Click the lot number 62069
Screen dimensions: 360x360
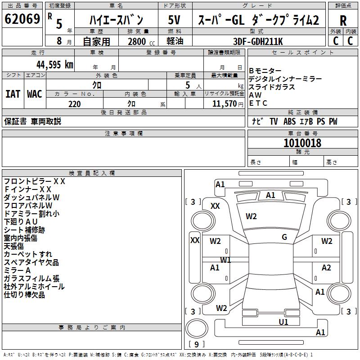[x=22, y=20]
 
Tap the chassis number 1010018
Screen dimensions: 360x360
[x=302, y=143]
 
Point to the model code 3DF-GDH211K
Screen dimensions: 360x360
[x=259, y=41]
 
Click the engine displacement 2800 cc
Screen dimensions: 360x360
[x=137, y=42]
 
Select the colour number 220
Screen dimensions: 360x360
[x=74, y=104]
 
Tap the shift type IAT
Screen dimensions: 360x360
[x=13, y=94]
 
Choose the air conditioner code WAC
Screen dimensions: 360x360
[x=35, y=94]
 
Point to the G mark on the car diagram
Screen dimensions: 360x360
[x=284, y=237]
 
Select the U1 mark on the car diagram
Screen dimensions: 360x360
[x=283, y=322]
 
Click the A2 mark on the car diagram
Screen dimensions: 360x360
[x=326, y=268]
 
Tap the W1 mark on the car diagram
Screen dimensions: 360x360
[x=225, y=260]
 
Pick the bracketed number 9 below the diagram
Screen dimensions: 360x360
[x=196, y=344]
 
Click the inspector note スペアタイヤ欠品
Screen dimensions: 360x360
[x=31, y=262]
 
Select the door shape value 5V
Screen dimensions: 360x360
[x=174, y=20]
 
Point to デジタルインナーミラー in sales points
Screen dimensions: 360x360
[x=285, y=79]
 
